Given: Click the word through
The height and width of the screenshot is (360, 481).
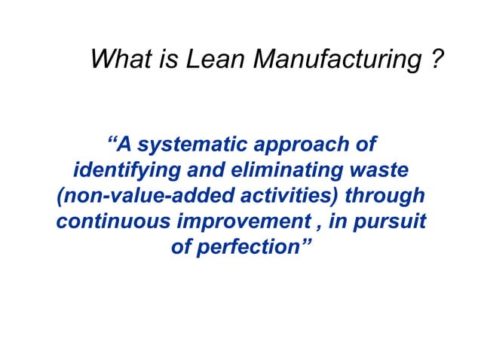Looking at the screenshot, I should click(x=386, y=197).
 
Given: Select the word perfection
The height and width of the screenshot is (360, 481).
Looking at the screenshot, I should click(x=247, y=249).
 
